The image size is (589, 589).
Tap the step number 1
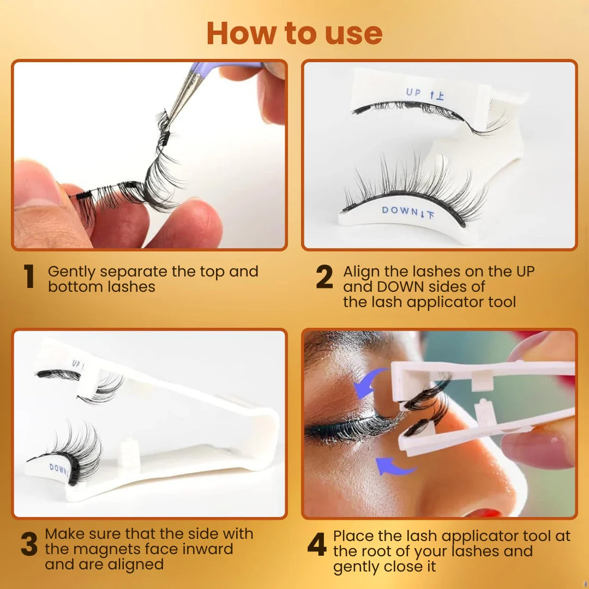coord(29,277)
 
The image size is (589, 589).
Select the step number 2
coord(324,277)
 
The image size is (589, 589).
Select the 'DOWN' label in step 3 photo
coord(59,468)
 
